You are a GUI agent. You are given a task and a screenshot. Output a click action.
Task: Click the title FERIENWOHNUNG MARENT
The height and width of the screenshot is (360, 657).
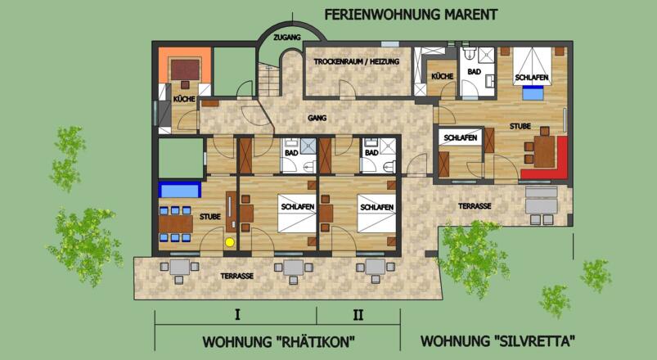pyautogui.click(x=411, y=15)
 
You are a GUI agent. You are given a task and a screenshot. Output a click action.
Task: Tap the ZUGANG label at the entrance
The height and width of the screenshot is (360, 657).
pyautogui.click(x=288, y=38)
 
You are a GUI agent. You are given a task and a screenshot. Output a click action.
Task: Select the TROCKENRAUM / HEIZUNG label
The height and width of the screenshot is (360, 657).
pyautogui.click(x=357, y=61)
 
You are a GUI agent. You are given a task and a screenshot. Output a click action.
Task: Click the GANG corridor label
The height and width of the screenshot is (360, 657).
pyautogui.click(x=317, y=118)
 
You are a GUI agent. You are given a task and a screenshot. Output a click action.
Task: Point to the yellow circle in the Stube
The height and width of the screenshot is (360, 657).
pyautogui.click(x=230, y=241)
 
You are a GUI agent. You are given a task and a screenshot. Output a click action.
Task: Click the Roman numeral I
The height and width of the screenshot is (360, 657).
pyautogui.click(x=236, y=314)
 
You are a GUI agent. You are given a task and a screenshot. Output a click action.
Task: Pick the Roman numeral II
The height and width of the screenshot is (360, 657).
pyautogui.click(x=358, y=314)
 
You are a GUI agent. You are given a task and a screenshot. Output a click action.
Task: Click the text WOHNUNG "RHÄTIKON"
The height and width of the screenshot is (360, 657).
pyautogui.click(x=283, y=340)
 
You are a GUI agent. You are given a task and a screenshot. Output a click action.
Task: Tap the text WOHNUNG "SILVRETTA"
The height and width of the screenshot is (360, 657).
pyautogui.click(x=498, y=340)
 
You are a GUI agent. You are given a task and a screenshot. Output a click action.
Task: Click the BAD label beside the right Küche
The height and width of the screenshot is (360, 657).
pyautogui.click(x=475, y=73)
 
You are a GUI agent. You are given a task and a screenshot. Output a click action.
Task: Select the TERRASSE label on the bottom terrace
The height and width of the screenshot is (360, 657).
pyautogui.click(x=236, y=277)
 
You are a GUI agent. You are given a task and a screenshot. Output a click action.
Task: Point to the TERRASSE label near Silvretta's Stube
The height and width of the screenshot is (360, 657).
pyautogui.click(x=475, y=206)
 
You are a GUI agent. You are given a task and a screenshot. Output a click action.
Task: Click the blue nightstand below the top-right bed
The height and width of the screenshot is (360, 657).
pyautogui.click(x=533, y=93)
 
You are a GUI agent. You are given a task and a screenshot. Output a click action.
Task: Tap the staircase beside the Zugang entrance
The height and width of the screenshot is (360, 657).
pyautogui.click(x=268, y=80)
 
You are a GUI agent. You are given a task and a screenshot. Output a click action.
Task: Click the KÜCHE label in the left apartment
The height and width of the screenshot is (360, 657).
pyautogui.click(x=183, y=99)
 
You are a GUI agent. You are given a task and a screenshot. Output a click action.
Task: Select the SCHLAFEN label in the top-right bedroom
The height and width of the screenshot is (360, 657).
pyautogui.click(x=532, y=78)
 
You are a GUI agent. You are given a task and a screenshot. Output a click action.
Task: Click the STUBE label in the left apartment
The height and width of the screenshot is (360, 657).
pyautogui.click(x=209, y=218)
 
